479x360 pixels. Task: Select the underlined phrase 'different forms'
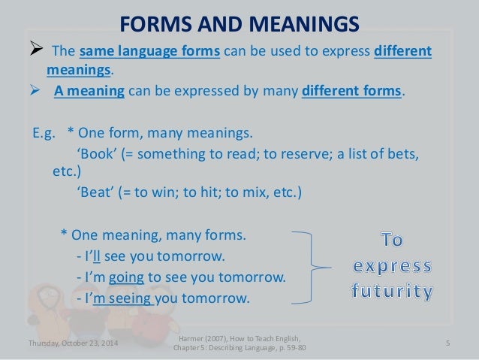tap(351, 92)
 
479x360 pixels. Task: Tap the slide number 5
tap(447, 344)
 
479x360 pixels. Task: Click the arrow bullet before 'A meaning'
tap(36, 92)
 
